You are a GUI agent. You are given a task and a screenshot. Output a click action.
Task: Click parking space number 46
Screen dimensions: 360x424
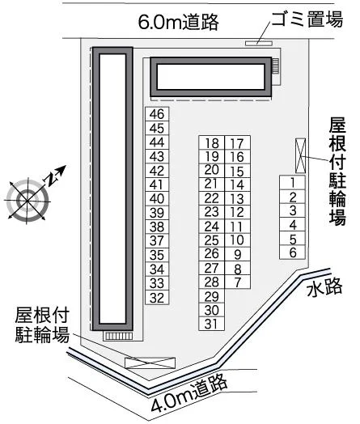pos(157,114)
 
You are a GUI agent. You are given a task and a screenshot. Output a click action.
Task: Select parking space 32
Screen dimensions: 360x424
pos(157,298)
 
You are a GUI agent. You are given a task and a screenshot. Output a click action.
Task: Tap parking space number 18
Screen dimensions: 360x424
pos(212,142)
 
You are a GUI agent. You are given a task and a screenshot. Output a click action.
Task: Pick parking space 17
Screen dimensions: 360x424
pos(237,142)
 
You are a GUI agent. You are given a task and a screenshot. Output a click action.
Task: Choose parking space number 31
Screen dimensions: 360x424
pos(212,324)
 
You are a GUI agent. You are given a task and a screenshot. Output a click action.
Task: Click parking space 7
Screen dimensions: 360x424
pos(237,282)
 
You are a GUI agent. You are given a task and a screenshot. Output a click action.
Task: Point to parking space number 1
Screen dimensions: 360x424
pos(293,183)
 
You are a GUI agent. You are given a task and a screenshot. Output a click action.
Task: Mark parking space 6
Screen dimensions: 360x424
pos(293,252)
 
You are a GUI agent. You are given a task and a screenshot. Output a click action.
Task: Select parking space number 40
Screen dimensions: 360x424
pos(157,199)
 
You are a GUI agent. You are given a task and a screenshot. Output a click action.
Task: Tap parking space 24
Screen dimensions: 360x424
pos(212,227)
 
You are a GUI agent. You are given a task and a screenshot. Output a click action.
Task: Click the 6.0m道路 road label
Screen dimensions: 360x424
pos(178,22)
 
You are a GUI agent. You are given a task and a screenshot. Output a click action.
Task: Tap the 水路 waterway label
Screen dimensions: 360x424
pos(324,288)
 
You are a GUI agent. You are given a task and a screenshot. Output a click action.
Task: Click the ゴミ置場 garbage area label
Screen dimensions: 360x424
pos(307,19)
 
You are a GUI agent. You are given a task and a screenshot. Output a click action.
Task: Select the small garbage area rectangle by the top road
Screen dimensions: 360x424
pos(259,43)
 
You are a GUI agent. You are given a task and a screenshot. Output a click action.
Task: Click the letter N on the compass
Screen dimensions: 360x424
pos(51,179)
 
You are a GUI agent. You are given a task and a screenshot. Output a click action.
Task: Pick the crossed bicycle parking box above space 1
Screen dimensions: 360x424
pos(301,155)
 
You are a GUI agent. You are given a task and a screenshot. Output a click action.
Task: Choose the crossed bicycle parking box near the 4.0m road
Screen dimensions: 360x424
pos(150,363)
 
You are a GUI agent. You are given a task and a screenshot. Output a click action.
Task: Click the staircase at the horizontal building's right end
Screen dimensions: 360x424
pos(275,66)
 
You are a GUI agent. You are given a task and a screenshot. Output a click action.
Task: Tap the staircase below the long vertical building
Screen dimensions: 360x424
pos(119,336)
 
